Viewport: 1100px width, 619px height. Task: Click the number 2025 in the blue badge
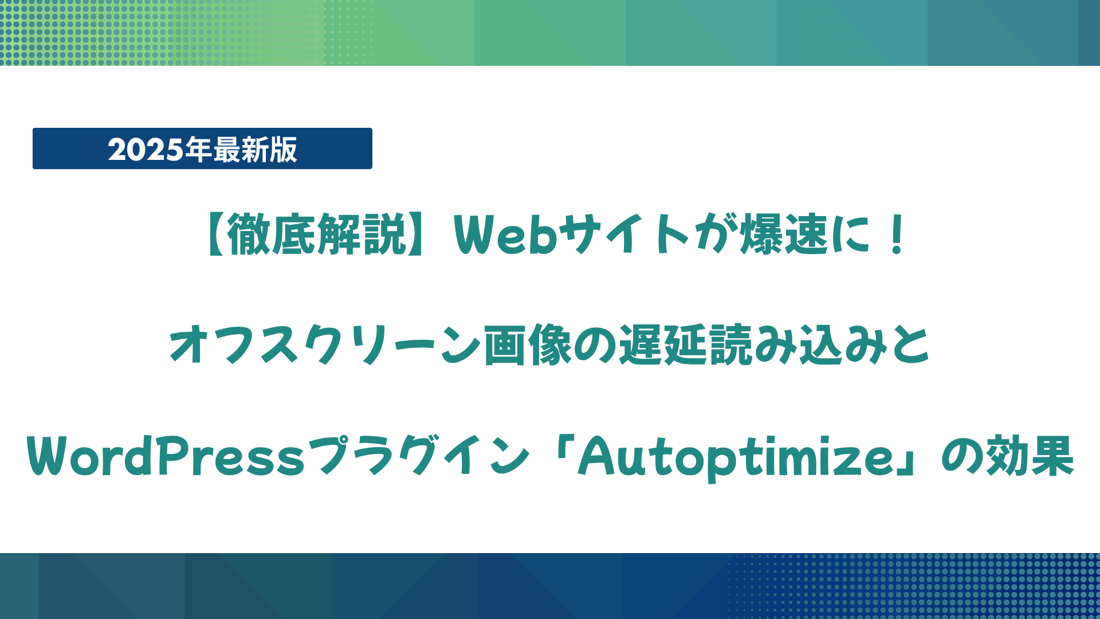coord(146,150)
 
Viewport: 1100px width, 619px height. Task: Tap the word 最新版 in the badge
coord(255,150)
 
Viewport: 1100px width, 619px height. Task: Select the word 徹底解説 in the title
coord(317,234)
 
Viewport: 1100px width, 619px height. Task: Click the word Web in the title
coord(505,234)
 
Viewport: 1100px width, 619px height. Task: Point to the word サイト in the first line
coord(625,234)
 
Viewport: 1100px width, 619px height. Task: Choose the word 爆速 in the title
coord(784,234)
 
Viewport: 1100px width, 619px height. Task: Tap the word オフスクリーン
coord(325,344)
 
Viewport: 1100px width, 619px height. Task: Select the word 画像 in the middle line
coord(528,344)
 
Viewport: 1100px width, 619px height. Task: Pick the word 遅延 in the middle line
coord(663,344)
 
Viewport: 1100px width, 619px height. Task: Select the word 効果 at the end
coord(1028,456)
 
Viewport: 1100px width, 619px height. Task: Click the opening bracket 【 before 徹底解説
coord(214,234)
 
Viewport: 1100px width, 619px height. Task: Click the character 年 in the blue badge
coord(198,150)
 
